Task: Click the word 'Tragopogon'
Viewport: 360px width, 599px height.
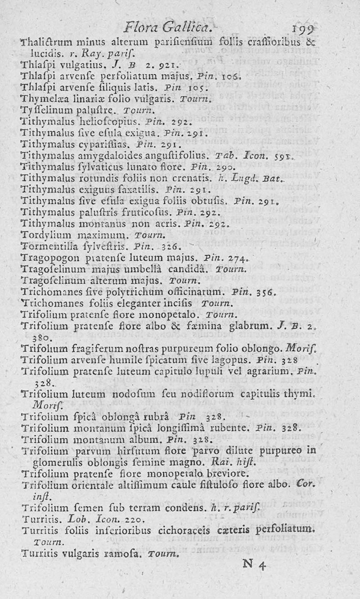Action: point(44,257)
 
